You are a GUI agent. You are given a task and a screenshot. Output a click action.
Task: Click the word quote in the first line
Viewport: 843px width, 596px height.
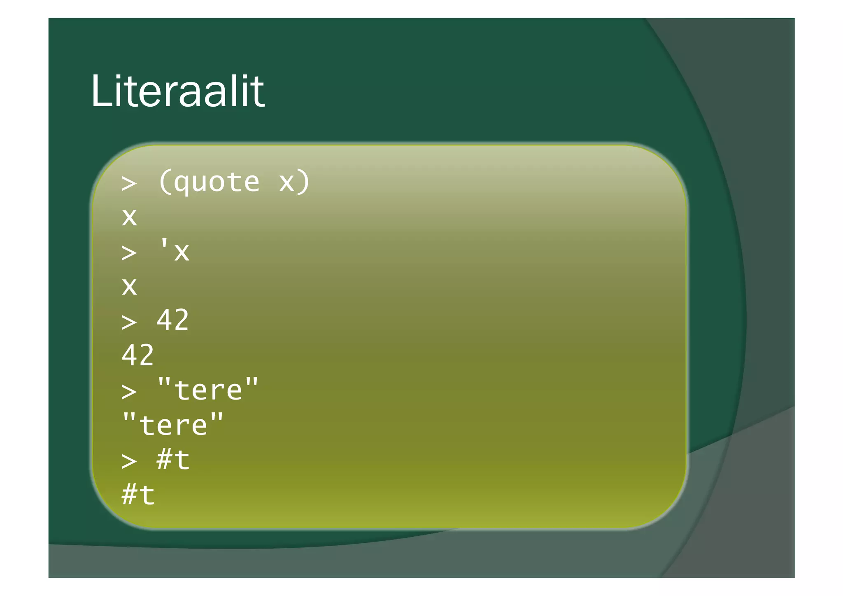click(217, 182)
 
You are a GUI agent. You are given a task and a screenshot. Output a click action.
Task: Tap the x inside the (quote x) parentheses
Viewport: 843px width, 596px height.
click(287, 182)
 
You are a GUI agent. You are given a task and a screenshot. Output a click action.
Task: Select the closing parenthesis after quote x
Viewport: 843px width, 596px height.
click(304, 182)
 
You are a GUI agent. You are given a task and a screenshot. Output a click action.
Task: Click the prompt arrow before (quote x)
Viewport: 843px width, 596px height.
click(129, 183)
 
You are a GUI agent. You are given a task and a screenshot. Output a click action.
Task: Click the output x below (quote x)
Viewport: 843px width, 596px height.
click(129, 217)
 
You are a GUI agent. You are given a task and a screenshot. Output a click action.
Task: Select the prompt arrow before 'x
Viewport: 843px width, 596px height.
click(129, 252)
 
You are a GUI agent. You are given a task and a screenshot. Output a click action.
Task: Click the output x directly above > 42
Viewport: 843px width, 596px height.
click(129, 286)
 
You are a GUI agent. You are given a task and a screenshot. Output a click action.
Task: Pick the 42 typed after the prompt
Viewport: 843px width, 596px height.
click(173, 320)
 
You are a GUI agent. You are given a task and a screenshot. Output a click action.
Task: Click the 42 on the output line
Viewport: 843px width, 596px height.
click(138, 355)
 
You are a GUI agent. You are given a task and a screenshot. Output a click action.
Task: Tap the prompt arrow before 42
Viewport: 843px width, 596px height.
click(129, 322)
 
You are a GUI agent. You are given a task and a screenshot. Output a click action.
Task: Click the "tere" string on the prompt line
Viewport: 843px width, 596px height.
click(208, 389)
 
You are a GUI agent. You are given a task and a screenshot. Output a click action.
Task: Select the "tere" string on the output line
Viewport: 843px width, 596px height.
click(173, 424)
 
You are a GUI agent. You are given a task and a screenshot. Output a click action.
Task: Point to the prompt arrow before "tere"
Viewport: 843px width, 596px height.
click(129, 391)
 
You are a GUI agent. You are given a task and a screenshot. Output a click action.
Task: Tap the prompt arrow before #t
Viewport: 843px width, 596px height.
click(129, 461)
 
